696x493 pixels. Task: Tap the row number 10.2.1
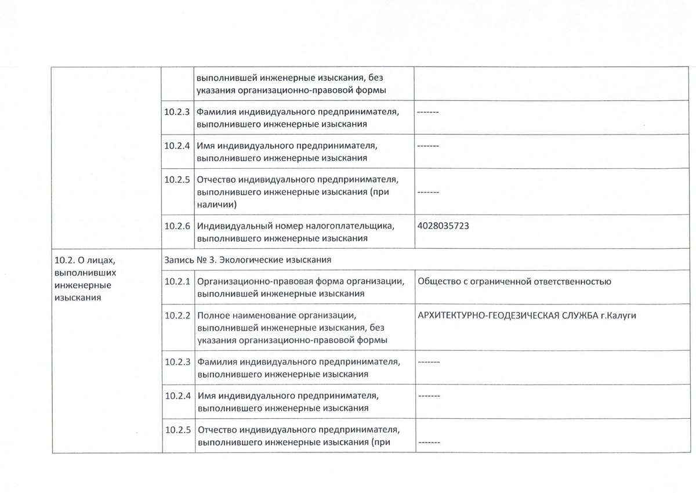(x=177, y=282)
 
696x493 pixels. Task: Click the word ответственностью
(x=572, y=282)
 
